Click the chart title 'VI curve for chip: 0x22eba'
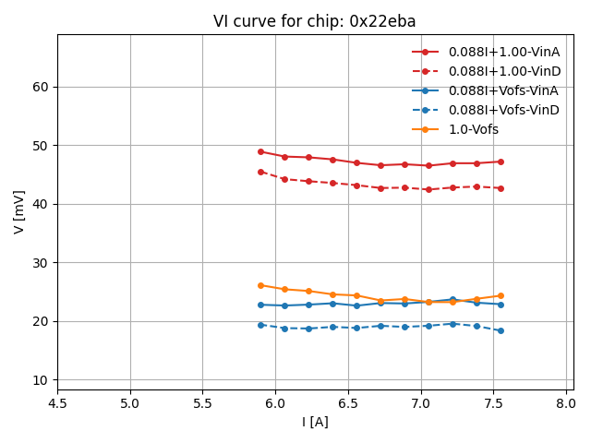point(314,21)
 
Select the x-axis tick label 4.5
point(57,403)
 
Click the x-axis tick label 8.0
point(566,403)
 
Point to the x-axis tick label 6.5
point(348,403)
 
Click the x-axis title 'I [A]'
point(315,422)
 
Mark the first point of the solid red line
point(260,151)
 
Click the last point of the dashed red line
point(501,188)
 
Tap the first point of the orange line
point(260,285)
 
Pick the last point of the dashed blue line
point(501,330)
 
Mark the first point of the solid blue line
point(260,305)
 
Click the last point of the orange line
point(501,295)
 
